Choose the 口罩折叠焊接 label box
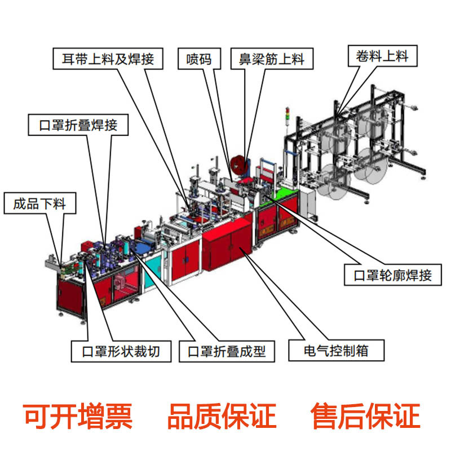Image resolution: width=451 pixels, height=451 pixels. [x=78, y=124]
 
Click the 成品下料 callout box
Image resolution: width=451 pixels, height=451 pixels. [x=39, y=203]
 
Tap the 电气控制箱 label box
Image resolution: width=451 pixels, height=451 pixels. [x=336, y=350]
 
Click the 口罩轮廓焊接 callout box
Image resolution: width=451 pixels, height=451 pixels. [x=392, y=275]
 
